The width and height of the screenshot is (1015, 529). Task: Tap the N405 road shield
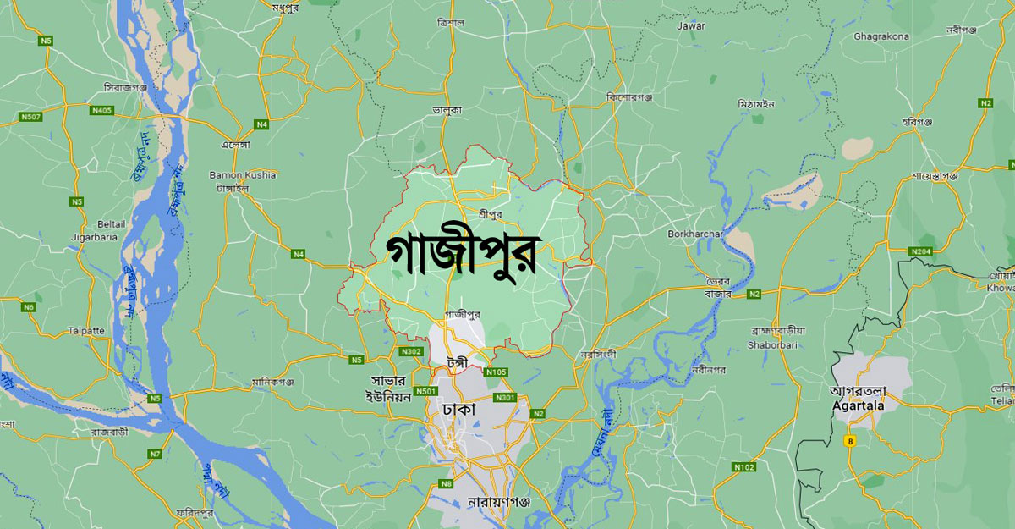pos(102,109)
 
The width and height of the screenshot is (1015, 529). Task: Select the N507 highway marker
pos(33,116)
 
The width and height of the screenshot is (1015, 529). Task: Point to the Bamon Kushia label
pos(243,175)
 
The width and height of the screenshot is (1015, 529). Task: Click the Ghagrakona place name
pos(881,36)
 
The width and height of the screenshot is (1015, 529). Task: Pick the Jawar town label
pos(691,26)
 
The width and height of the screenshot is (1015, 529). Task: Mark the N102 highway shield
pos(744,467)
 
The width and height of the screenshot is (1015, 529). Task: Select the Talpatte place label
pos(85,331)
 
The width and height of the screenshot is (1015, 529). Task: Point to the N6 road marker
pos(29,306)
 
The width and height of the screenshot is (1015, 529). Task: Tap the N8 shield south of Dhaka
pos(446,483)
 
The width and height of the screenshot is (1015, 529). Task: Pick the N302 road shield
pos(412,351)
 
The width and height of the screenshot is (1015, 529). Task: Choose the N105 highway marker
pos(497,372)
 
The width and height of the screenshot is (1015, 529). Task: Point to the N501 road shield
pos(427,391)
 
